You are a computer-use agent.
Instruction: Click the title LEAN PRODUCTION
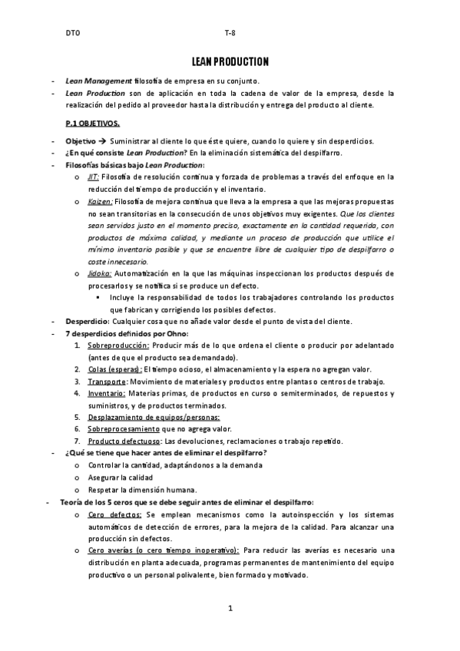tap(230, 61)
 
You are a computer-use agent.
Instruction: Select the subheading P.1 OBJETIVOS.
tap(92, 123)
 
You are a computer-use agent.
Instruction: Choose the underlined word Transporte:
tap(107, 382)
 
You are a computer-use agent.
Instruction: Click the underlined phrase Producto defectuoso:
tap(124, 441)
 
